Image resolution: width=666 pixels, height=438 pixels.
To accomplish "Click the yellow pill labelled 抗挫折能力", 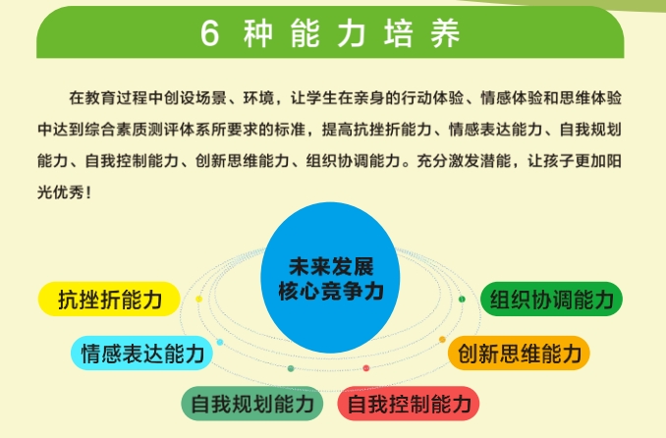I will [x=109, y=299].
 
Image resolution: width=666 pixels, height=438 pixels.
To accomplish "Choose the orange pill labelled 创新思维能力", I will [x=519, y=353].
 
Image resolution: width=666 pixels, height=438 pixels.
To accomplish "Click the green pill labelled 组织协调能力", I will [x=551, y=299].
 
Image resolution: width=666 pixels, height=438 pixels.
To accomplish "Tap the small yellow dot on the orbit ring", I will [x=198, y=299].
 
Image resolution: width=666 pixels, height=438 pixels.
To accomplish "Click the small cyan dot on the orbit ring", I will [x=220, y=342].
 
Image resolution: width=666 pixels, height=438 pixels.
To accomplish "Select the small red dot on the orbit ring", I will [x=366, y=368].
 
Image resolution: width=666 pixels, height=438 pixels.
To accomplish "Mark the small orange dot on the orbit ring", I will [x=442, y=339].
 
